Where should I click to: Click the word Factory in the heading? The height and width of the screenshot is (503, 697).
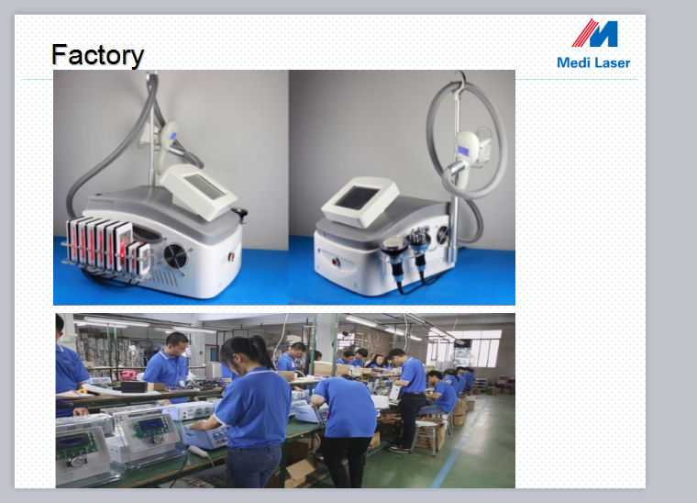click(x=98, y=55)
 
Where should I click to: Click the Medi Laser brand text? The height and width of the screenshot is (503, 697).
click(x=593, y=62)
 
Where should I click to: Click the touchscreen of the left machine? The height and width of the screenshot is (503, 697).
click(x=205, y=186)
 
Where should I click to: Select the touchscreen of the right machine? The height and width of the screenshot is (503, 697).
click(x=357, y=197)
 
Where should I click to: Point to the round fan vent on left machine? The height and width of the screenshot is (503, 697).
click(x=175, y=256)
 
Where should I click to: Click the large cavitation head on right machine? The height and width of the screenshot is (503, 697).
click(x=393, y=250)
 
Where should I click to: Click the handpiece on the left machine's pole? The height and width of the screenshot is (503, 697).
click(x=168, y=142)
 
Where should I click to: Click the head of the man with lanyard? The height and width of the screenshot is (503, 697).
click(x=176, y=345)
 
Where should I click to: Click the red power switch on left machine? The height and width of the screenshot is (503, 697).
click(x=231, y=257)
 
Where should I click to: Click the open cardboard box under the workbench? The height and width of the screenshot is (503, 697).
click(x=298, y=473)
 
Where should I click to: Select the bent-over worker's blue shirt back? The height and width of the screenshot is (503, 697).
click(x=346, y=407)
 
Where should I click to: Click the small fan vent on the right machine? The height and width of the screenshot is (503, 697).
click(x=443, y=235)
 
